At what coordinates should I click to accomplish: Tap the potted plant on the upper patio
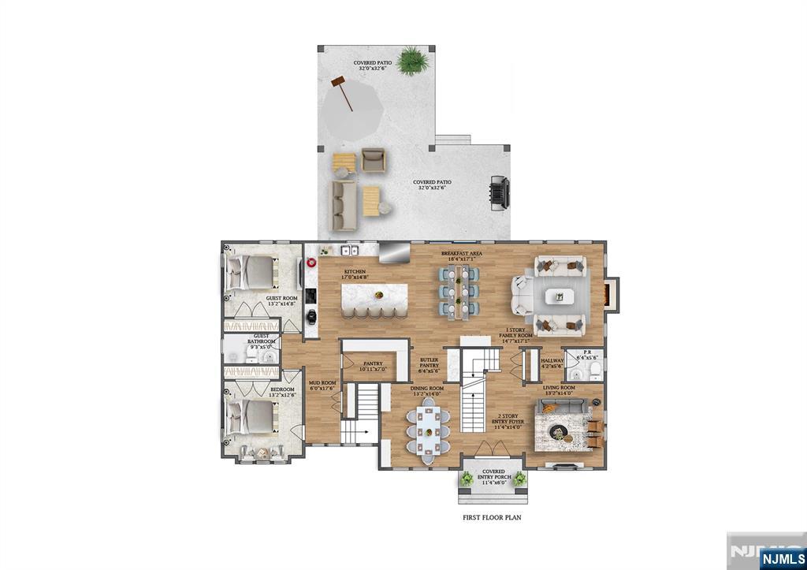(411, 59)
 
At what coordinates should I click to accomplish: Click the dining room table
(430, 430)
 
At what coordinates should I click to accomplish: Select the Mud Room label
(322, 386)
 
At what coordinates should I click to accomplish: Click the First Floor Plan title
(492, 518)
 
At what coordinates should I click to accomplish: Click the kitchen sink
(348, 251)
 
